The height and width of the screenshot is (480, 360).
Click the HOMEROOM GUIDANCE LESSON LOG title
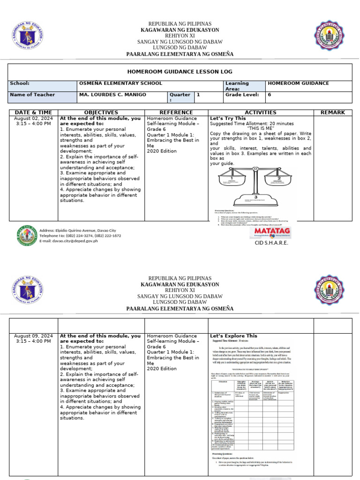coord(180,72)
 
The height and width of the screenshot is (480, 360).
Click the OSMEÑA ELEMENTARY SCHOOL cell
coord(120,83)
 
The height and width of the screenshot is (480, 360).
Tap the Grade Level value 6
coord(269,95)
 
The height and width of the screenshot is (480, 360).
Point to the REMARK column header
coord(332,112)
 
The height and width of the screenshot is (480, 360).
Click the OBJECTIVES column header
coord(101,112)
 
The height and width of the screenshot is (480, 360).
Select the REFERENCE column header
coord(176,112)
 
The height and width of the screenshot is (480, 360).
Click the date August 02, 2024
coord(33,119)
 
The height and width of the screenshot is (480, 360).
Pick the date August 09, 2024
coord(33,336)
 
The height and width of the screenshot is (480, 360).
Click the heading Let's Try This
coord(228,119)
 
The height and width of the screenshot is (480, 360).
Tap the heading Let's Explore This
coord(233,336)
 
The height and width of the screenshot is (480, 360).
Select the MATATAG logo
coord(272,232)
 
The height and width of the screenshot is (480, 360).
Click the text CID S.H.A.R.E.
coord(271,243)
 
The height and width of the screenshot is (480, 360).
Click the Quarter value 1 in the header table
coord(198,95)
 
